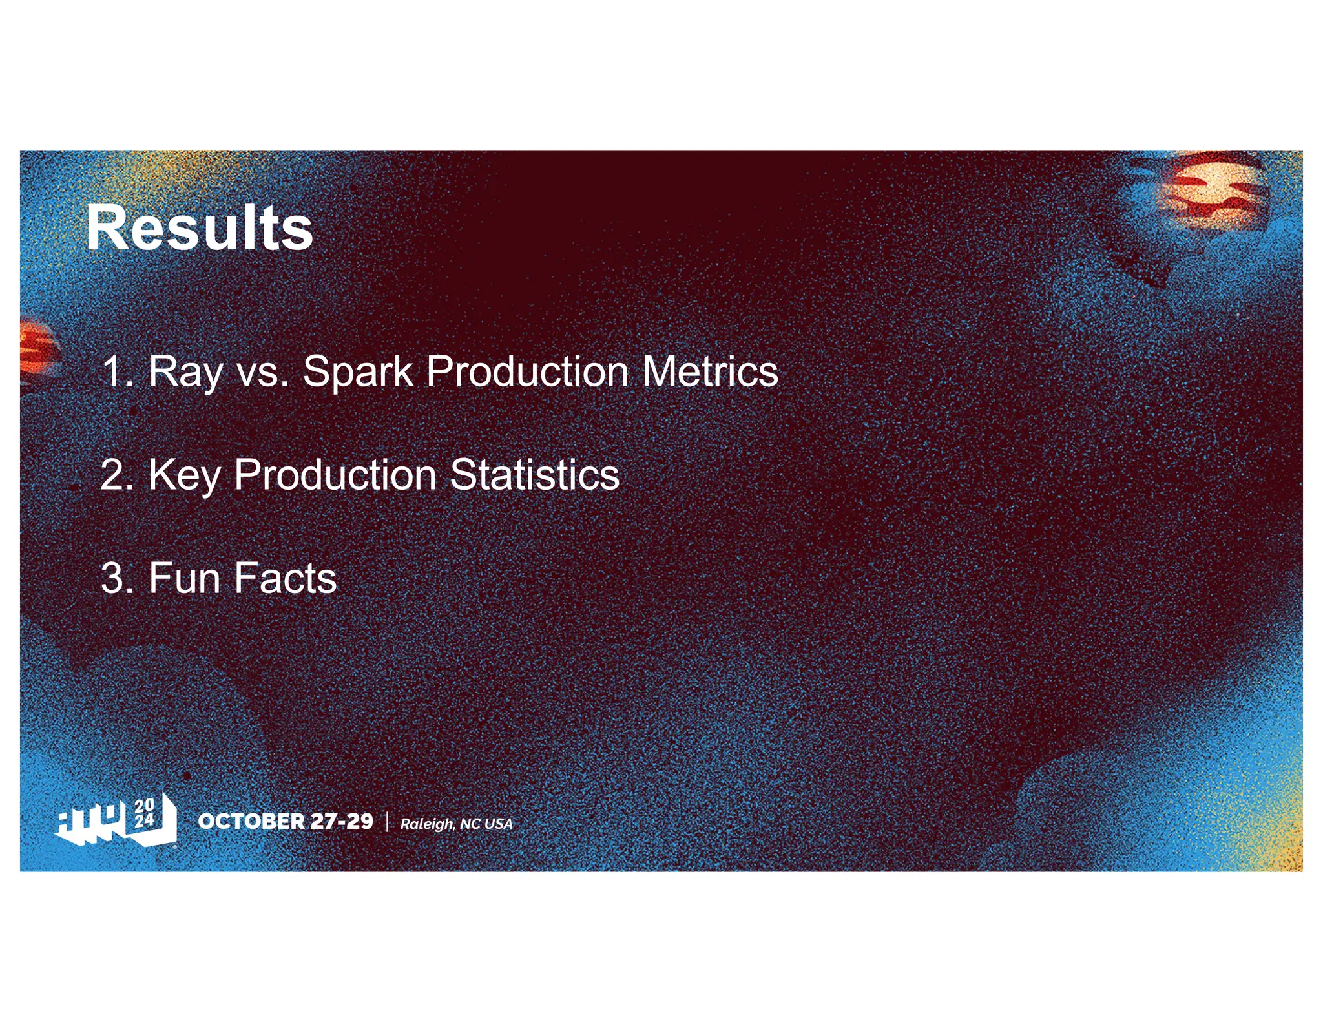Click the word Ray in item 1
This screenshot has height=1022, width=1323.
coord(185,372)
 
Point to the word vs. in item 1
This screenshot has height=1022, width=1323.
coord(262,373)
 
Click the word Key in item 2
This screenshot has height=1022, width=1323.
coord(184,476)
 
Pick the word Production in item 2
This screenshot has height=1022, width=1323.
coord(335,475)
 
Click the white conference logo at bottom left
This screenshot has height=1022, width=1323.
coord(116,820)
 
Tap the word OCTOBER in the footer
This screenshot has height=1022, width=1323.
coord(251,821)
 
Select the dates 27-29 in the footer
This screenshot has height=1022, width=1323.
coord(342,821)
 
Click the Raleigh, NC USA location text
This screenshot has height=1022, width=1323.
coord(456,824)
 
